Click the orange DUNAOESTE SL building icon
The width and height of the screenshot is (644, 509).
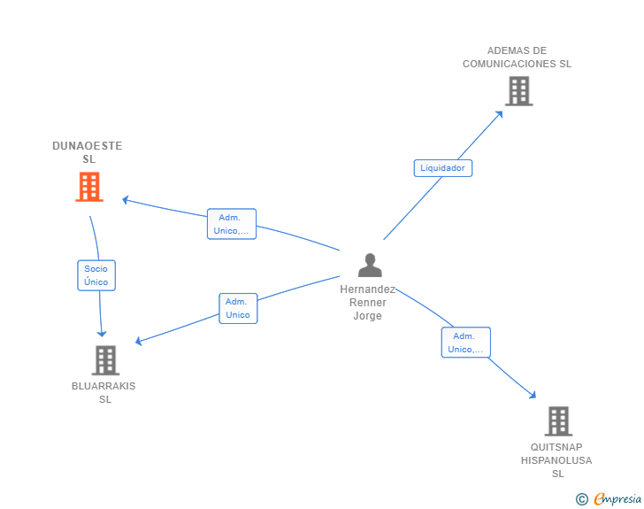(x=89, y=187)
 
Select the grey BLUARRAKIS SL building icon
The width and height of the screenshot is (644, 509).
(x=105, y=360)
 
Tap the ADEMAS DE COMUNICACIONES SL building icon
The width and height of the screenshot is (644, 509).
(x=519, y=91)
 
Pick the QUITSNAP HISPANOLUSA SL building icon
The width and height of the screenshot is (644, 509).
(x=558, y=421)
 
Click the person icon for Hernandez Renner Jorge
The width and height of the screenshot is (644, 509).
(x=370, y=265)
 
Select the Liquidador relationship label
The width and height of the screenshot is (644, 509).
(x=442, y=168)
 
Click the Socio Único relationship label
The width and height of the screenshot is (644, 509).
(x=96, y=275)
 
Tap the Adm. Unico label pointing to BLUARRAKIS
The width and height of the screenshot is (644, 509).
(x=238, y=308)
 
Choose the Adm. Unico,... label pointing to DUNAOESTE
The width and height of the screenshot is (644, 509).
(x=232, y=224)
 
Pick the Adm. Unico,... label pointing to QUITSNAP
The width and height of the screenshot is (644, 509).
(x=465, y=343)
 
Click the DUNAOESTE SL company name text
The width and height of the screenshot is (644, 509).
(x=88, y=152)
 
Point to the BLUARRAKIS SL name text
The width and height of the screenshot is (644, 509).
(x=103, y=393)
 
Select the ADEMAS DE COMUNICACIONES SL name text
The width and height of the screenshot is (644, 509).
(x=517, y=58)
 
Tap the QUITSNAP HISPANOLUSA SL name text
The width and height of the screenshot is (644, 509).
(x=556, y=460)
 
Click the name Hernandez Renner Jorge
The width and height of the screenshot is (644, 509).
(x=368, y=303)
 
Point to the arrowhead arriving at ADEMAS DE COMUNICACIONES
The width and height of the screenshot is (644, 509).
(x=500, y=114)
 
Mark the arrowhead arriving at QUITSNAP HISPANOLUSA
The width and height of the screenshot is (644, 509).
(x=533, y=395)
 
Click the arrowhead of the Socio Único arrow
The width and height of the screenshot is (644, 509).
(x=102, y=334)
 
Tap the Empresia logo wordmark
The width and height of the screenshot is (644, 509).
(x=617, y=499)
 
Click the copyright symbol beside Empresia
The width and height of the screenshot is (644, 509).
(x=582, y=499)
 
